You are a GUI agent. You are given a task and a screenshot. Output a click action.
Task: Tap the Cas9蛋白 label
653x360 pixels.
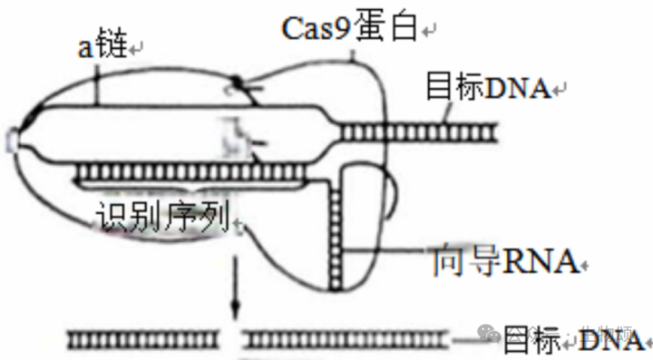click(349, 28)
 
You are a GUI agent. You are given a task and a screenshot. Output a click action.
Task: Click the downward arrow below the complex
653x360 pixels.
click(235, 290)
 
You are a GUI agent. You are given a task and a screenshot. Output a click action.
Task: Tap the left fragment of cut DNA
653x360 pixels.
click(145, 339)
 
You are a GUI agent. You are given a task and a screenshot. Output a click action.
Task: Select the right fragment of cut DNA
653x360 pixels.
click(349, 339)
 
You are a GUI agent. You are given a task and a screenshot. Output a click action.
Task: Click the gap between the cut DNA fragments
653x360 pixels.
click(235, 339)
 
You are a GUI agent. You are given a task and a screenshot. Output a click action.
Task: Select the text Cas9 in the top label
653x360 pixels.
click(314, 28)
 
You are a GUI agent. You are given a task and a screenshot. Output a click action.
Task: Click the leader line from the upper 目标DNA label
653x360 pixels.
click(444, 113)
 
